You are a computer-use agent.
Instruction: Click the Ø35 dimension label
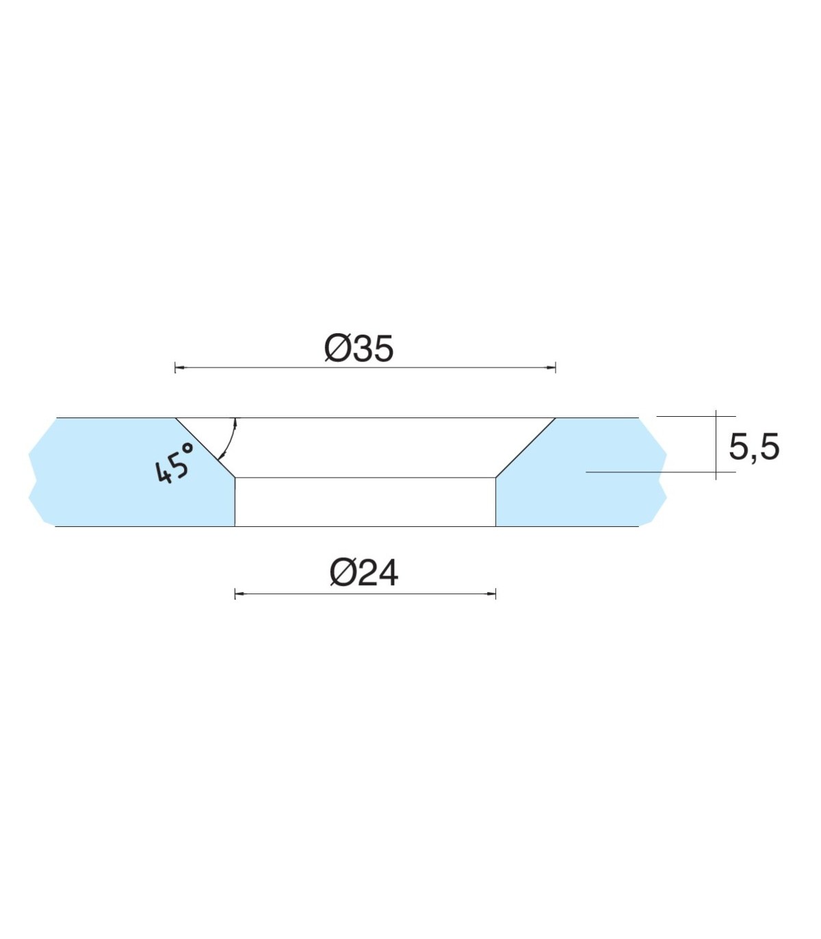tap(359, 348)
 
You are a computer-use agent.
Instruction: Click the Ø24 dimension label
tap(363, 573)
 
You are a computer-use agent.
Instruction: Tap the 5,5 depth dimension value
tap(753, 448)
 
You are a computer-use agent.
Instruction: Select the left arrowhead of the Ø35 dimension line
tap(179, 368)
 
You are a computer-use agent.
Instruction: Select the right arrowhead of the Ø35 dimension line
tap(551, 368)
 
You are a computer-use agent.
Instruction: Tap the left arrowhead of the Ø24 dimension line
tap(239, 593)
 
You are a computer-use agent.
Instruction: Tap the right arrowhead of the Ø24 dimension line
tap(491, 593)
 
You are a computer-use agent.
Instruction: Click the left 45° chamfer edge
tap(205, 447)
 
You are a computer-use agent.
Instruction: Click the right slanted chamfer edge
tap(525, 447)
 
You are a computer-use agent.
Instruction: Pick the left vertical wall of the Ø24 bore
tap(235, 502)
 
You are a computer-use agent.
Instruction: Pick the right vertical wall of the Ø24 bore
tap(495, 502)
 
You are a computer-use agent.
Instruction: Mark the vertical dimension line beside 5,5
tap(716, 445)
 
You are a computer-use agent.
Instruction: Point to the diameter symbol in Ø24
tap(342, 574)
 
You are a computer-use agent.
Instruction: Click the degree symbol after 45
tap(187, 448)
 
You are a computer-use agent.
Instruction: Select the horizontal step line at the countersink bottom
tap(365, 477)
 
